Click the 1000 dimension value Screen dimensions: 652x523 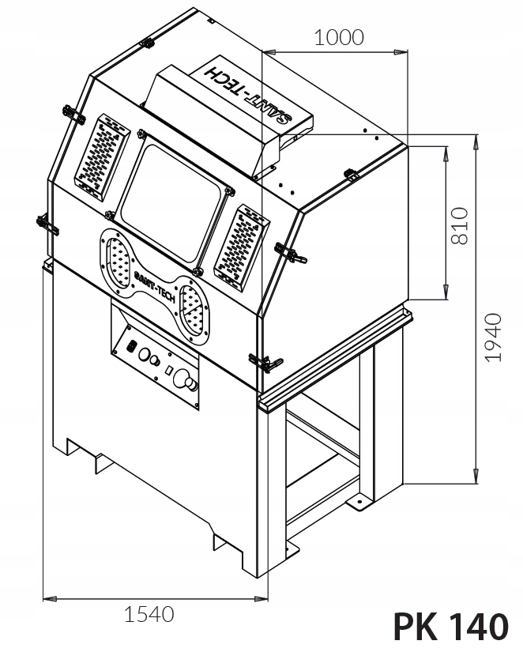(339, 37)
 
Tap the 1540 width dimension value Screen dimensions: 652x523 (149, 613)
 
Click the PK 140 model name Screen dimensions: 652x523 (450, 627)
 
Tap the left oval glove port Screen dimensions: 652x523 (117, 260)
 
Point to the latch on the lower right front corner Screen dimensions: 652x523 (266, 363)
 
